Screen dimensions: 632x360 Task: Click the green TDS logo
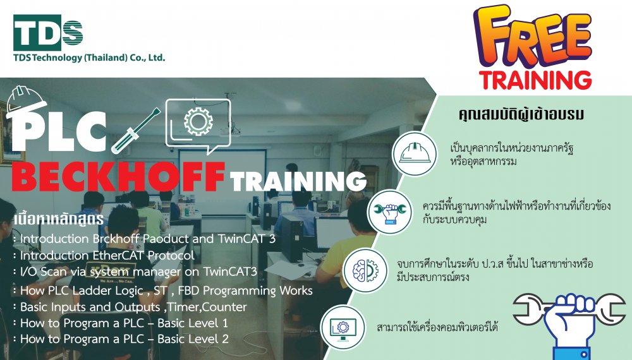tap(48, 33)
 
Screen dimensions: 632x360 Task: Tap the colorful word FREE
tap(533, 37)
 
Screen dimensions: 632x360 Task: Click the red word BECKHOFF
tap(118, 177)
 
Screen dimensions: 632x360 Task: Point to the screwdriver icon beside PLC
tap(135, 131)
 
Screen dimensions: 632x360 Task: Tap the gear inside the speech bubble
tap(198, 121)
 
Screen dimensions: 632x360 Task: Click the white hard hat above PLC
tap(26, 102)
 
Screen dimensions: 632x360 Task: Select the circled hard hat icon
tap(415, 153)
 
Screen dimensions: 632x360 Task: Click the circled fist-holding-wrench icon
tap(390, 212)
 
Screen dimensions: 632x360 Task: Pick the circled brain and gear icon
tap(365, 270)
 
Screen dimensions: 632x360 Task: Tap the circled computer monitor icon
tap(343, 327)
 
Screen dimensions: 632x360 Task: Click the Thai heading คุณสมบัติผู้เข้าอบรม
tap(521, 114)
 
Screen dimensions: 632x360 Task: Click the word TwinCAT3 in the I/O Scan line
tap(230, 272)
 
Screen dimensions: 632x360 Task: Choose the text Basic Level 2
tap(193, 339)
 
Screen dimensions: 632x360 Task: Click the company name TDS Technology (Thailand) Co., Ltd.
tap(89, 57)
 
